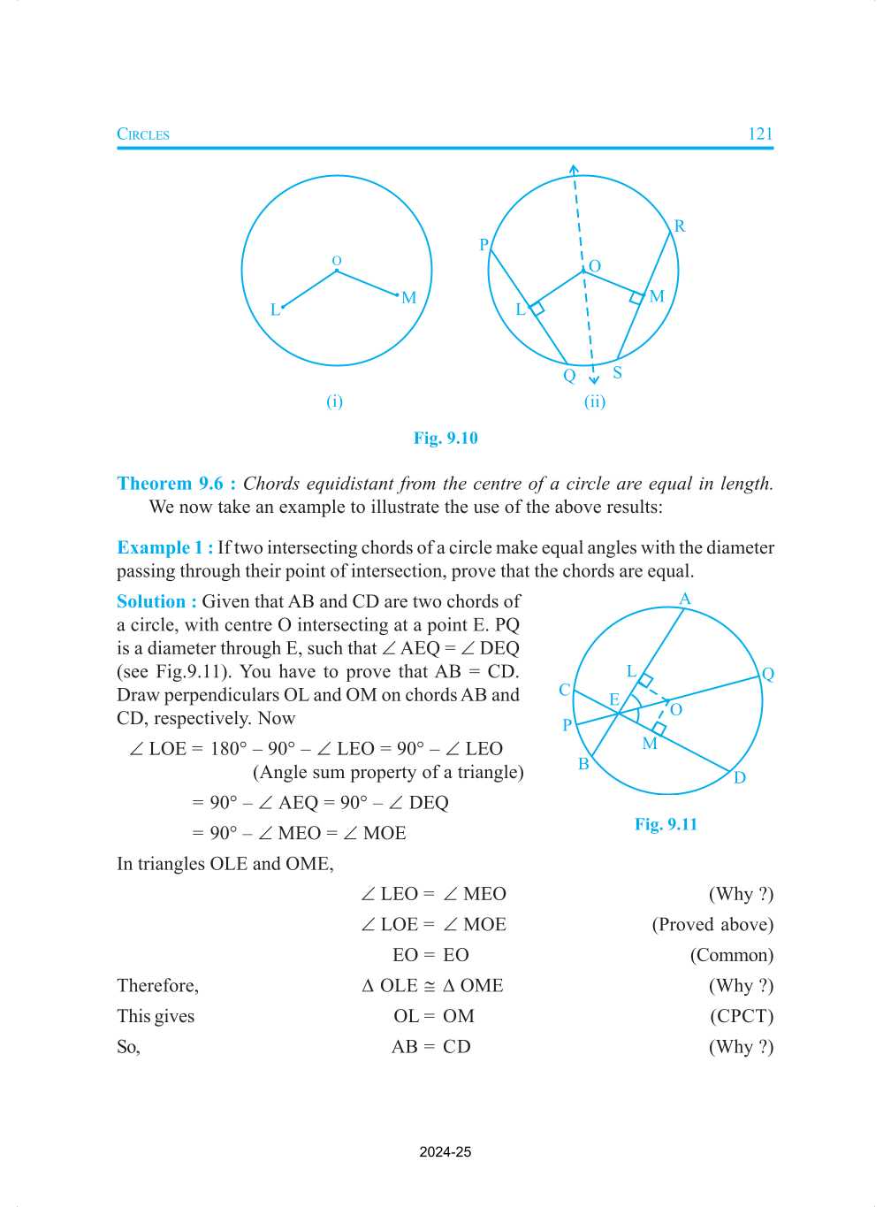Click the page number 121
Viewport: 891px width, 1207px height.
click(759, 134)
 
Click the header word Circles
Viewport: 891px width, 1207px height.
click(143, 134)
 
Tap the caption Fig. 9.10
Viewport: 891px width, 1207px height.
click(445, 438)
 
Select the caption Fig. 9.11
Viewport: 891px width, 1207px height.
click(666, 824)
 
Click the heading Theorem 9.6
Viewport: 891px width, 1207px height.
click(175, 484)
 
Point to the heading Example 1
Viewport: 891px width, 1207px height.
click(164, 547)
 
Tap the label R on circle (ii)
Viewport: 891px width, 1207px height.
click(679, 226)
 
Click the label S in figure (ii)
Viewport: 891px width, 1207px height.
click(617, 372)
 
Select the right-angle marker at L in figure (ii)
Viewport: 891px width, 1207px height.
click(537, 309)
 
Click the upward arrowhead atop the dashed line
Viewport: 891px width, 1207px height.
click(574, 169)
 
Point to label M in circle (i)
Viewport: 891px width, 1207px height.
click(408, 298)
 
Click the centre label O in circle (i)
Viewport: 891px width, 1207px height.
click(336, 261)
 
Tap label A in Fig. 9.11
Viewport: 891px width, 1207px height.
click(684, 600)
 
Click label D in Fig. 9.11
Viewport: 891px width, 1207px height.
click(739, 778)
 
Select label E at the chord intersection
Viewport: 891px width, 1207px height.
click(613, 699)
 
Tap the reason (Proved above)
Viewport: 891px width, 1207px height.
click(712, 924)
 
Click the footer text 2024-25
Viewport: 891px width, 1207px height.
click(445, 1152)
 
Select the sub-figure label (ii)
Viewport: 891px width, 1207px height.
click(594, 401)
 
